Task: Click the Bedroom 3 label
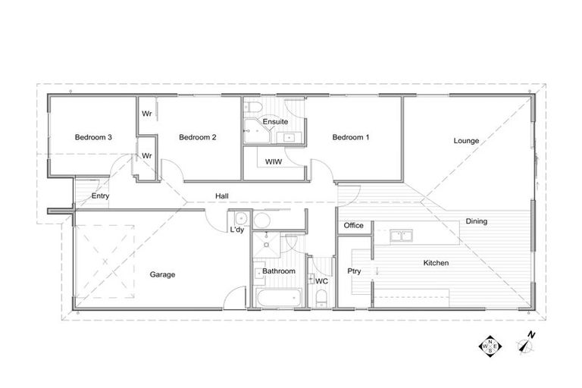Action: pos(93,137)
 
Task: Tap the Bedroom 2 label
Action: pos(198,137)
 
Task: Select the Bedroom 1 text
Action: pos(351,137)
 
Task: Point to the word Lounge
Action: pos(465,140)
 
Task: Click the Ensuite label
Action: pos(274,121)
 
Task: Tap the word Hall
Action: pos(222,196)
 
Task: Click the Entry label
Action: pos(100,196)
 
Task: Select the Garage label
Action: pos(162,274)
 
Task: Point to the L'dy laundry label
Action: pos(236,231)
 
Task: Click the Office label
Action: pos(354,225)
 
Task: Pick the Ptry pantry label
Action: pos(353,271)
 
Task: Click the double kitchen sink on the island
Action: pos(401,236)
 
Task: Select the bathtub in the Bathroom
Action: pos(277,297)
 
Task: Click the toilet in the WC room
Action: pos(321,302)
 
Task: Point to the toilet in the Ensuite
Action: pos(253,106)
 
